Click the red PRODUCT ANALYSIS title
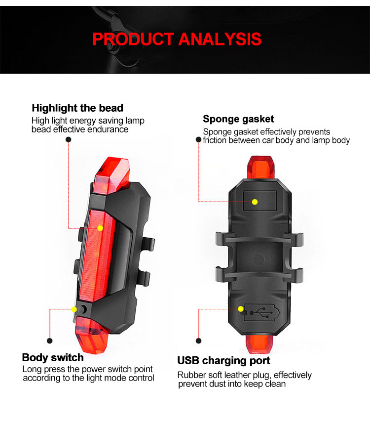click(177, 39)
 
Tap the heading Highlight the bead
click(77, 108)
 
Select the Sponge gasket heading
click(238, 119)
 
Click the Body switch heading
click(53, 357)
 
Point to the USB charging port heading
click(224, 361)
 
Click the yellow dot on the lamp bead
click(100, 228)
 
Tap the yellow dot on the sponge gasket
click(255, 202)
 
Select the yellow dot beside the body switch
click(74, 309)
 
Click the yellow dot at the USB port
click(241, 309)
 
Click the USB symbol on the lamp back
click(261, 313)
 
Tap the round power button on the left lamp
click(83, 309)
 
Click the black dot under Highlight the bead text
click(69, 139)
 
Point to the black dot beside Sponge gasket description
click(199, 139)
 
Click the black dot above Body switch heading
click(50, 340)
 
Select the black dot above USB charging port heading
click(199, 340)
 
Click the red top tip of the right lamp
click(260, 167)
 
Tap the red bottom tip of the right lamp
click(259, 343)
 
